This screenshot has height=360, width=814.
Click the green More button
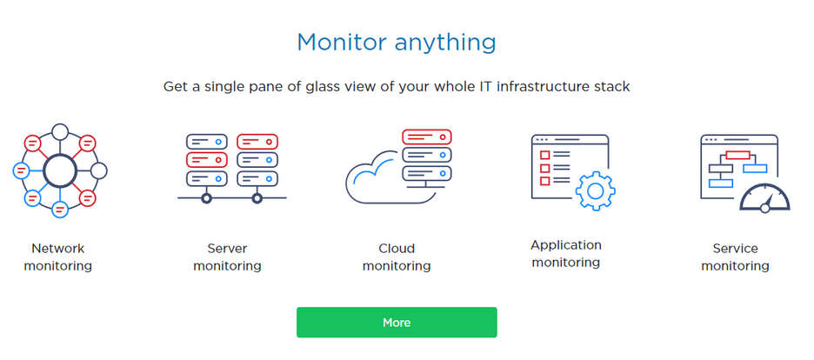point(397,322)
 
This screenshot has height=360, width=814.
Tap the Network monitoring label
point(58,257)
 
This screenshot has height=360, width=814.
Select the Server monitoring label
point(227,257)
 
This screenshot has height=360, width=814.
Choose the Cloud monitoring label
point(397,257)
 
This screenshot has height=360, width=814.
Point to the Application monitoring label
point(566,254)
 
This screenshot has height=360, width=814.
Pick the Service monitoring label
point(735,257)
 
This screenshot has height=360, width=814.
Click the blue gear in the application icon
point(596,190)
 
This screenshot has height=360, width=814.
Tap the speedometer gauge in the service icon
point(764,198)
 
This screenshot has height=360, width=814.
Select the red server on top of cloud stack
point(427,137)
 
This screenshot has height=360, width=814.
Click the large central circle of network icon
point(60,170)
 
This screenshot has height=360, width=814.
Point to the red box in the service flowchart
point(737,155)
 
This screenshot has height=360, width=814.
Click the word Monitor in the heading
point(342,43)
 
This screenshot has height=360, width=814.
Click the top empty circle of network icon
point(60,132)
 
